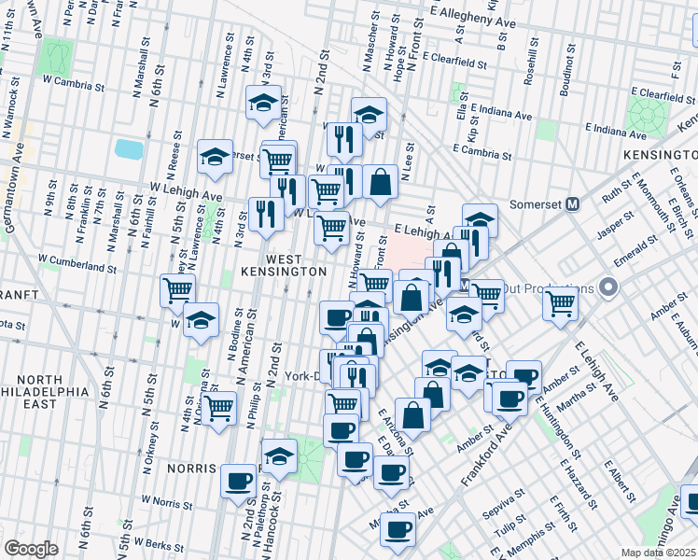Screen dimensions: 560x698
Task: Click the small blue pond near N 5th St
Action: pos(127,148)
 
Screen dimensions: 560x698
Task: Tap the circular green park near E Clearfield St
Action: pos(647,116)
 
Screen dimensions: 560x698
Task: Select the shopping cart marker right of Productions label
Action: pos(560,301)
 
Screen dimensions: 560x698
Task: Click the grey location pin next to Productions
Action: pos(610,287)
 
